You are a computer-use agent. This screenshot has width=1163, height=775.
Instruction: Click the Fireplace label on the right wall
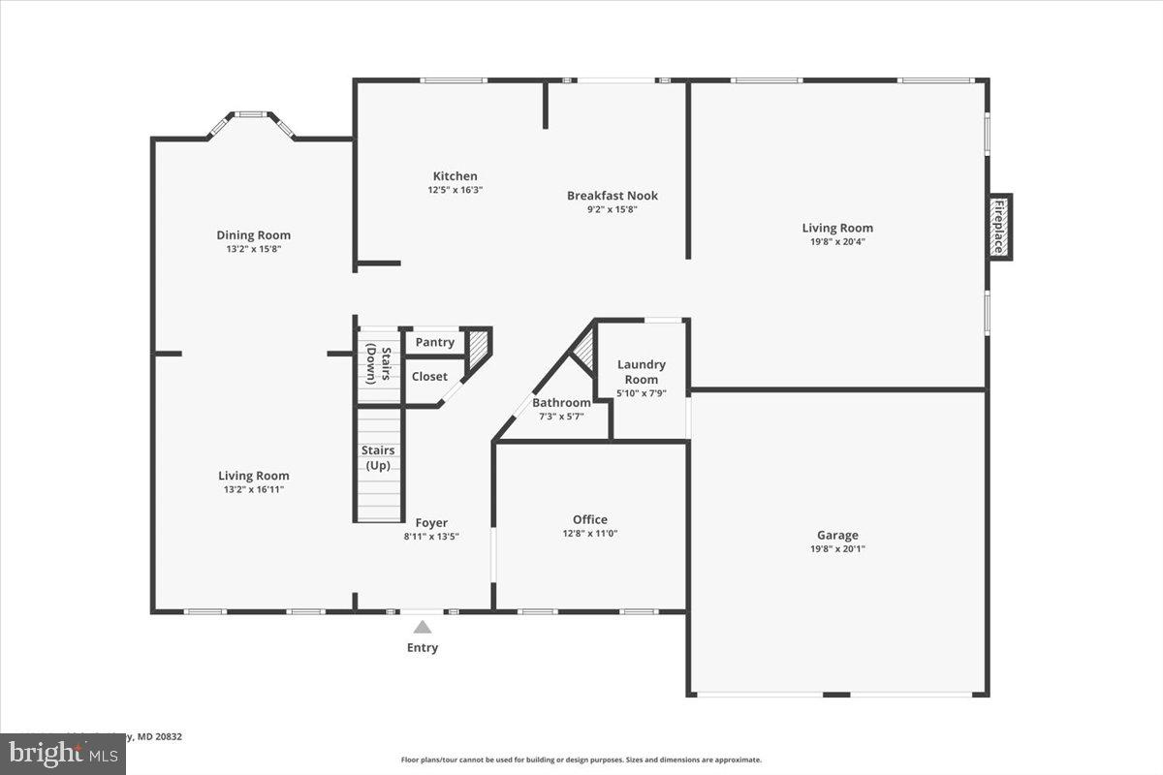tap(998, 227)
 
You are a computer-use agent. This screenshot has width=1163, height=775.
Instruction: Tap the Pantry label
tap(434, 342)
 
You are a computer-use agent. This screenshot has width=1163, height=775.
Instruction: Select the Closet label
tap(429, 376)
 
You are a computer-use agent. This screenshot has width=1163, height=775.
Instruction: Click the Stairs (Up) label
tap(377, 457)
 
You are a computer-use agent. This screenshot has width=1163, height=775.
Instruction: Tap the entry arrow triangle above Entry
tap(423, 627)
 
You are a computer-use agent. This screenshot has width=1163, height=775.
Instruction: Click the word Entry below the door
tap(423, 647)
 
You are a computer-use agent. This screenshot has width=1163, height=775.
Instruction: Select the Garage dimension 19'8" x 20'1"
tap(837, 549)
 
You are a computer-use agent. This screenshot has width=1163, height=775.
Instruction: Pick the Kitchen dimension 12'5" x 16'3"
tap(455, 190)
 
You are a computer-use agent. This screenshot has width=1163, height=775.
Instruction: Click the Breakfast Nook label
tap(613, 196)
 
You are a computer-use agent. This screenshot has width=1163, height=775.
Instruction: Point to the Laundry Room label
tap(642, 372)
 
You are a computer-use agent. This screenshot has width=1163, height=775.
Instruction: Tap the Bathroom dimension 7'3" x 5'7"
tap(561, 417)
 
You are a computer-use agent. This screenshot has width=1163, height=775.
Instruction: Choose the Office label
tap(590, 519)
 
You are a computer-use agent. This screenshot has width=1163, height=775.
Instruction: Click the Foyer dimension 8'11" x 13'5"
tap(431, 536)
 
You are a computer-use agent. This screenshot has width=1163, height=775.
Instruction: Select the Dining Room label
tap(253, 234)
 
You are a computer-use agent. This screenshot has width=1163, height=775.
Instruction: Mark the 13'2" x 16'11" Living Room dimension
tap(253, 489)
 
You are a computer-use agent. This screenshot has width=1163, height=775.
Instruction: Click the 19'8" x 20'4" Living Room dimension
tap(836, 242)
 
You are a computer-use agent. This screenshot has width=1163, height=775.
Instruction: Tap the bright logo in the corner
tap(62, 753)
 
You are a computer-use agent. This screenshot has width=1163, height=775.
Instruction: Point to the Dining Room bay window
tap(252, 116)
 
